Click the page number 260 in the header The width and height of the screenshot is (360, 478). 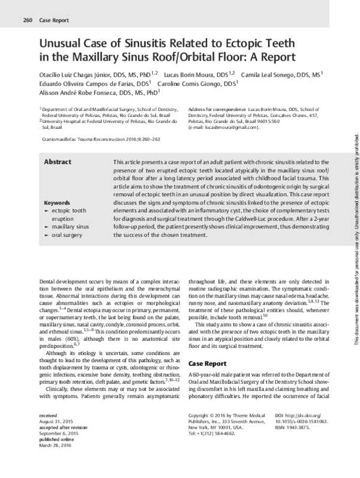(x=27, y=20)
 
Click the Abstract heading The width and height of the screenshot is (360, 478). (x=58, y=163)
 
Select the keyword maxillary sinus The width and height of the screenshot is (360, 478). (x=70, y=227)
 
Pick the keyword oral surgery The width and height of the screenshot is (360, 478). (x=68, y=236)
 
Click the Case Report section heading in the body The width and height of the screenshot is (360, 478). (x=207, y=347)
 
